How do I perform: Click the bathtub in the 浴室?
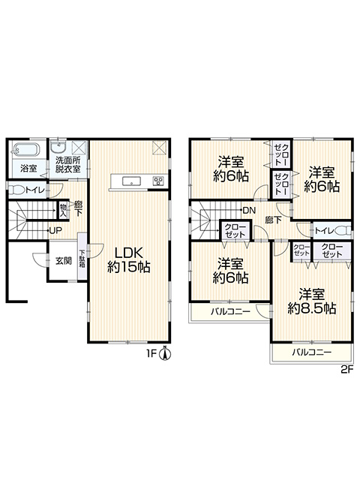coord(27,150)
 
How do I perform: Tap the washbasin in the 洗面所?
coord(58,148)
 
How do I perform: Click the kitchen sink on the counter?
coord(132,181)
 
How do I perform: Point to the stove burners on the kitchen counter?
coord(158,181)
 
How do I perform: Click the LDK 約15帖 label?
coord(128,260)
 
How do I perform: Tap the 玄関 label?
coord(64,261)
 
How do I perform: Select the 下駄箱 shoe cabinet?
coord(82,256)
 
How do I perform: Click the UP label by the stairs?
coord(55,230)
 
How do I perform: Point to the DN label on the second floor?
coord(249,211)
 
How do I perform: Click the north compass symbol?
coord(165,354)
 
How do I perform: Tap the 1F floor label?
coord(151,354)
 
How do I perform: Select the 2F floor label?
coord(347,370)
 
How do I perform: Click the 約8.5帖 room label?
coord(312,308)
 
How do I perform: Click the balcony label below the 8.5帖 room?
coord(312,352)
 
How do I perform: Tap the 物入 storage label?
coord(63,210)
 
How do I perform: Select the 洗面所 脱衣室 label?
coord(68,165)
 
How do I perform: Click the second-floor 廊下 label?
coord(273,220)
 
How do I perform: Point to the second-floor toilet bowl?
coord(343,231)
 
